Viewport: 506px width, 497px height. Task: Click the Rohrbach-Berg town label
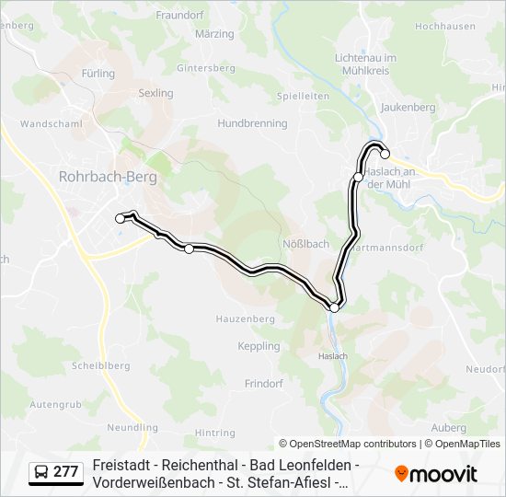[x=108, y=176]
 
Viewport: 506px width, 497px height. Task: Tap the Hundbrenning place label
[x=252, y=123]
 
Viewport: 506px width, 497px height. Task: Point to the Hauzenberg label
[x=245, y=318]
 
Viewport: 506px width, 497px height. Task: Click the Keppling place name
[x=259, y=346]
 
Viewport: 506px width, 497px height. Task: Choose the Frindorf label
[x=263, y=382]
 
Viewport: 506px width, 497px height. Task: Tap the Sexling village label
[x=155, y=93]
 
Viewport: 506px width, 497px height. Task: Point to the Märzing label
[x=214, y=34]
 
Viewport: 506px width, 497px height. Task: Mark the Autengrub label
[x=55, y=404]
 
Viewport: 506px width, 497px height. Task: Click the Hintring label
[x=214, y=433]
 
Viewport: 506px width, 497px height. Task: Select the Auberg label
[x=447, y=428]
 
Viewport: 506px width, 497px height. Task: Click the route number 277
[x=65, y=472]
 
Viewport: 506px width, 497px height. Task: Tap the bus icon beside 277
[x=41, y=472]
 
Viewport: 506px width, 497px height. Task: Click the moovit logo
[x=436, y=473]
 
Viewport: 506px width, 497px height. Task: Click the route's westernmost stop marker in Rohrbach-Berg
[x=120, y=218]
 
